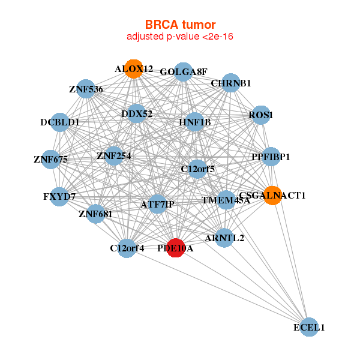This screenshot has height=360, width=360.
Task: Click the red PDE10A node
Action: [176, 248]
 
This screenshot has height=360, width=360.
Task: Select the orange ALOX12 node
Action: [134, 69]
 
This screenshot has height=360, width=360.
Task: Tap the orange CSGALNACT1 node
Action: [272, 196]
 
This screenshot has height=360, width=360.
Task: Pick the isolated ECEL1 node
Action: [309, 327]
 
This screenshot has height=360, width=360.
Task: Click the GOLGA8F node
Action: [183, 72]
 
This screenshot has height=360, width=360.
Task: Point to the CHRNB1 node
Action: [231, 83]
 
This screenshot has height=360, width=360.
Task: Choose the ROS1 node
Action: [261, 115]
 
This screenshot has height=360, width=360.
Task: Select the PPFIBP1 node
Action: [271, 157]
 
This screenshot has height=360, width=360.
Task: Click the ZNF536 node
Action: [86, 89]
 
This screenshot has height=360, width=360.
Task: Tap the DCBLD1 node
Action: [59, 122]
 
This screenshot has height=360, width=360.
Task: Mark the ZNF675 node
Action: [51, 160]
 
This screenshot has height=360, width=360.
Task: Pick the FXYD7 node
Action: [59, 197]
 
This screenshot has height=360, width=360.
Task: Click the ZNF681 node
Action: [95, 214]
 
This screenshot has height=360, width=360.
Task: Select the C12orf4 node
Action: [127, 248]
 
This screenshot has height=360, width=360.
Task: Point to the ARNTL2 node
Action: [224, 238]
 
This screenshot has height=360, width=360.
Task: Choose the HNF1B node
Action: [194, 122]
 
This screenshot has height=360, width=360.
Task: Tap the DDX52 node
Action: [137, 113]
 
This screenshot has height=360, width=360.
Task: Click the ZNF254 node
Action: [113, 156]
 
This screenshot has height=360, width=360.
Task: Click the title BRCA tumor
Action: [180, 25]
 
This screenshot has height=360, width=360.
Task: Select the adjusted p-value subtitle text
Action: [180, 37]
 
